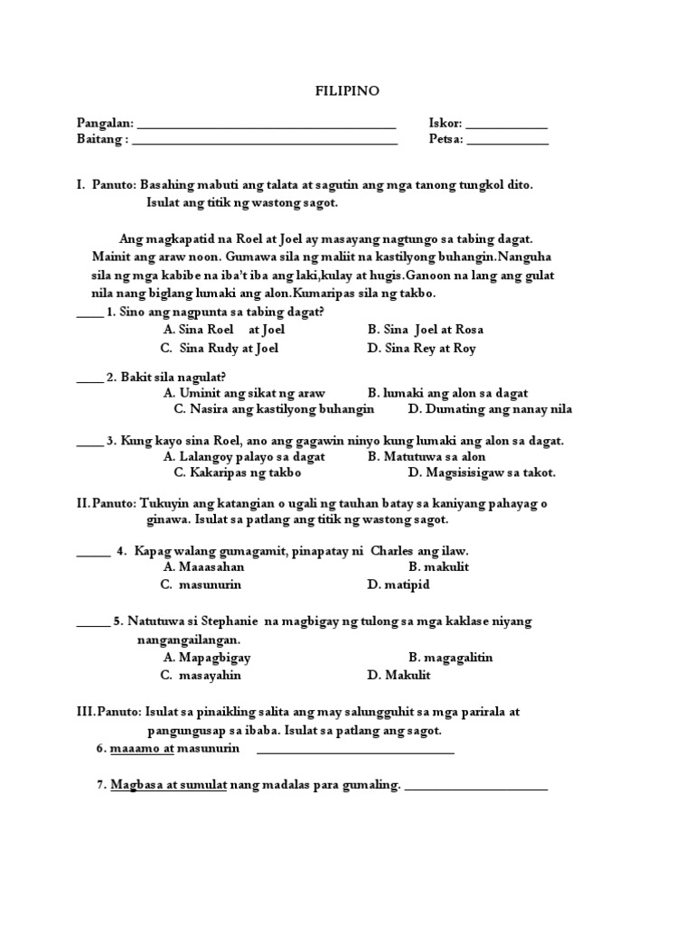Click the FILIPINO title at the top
click(x=346, y=91)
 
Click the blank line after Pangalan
click(x=267, y=126)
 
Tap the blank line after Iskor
click(x=506, y=126)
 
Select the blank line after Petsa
click(x=507, y=143)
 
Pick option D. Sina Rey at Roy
click(x=421, y=349)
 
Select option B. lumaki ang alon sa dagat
click(x=447, y=393)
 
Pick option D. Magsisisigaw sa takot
click(x=482, y=472)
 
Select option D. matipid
click(x=399, y=584)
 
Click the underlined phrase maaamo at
click(x=142, y=750)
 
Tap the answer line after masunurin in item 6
click(x=355, y=751)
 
